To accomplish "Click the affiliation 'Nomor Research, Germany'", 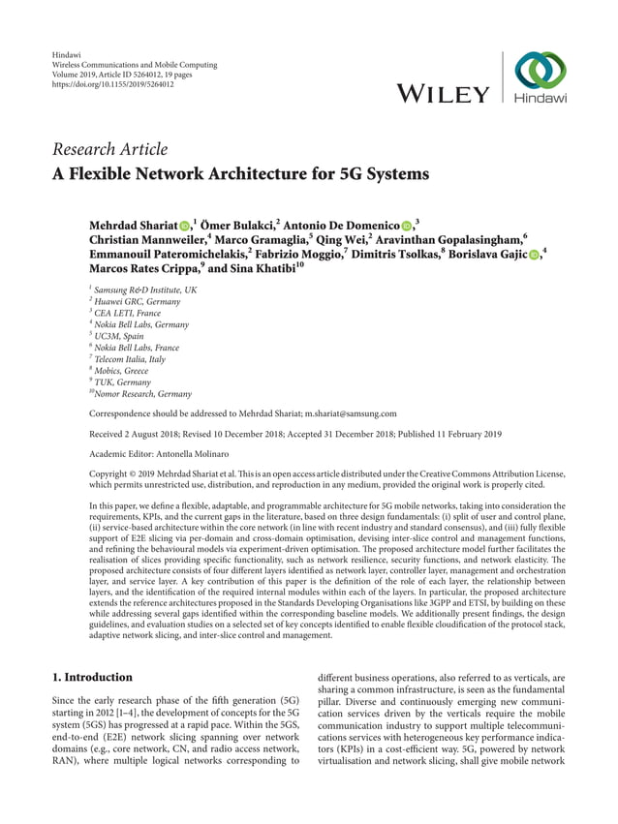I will point(143,394).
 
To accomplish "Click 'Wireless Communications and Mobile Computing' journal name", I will point(132,65).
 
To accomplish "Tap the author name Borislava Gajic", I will point(484,255).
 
